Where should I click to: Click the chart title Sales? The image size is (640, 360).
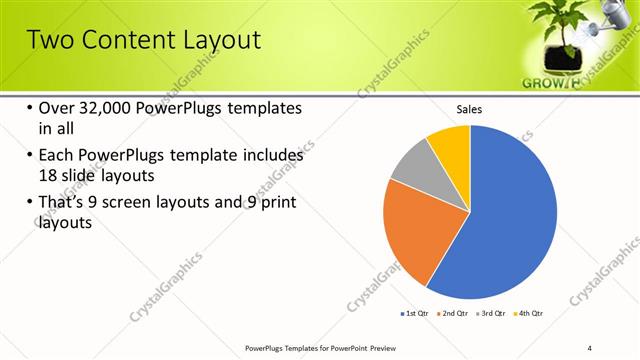[469, 108]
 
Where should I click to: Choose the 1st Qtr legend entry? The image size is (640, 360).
[413, 314]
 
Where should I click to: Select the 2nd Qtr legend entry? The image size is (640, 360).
[455, 314]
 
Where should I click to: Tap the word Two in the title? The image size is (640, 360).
[46, 40]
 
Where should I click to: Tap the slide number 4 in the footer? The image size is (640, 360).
[589, 348]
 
